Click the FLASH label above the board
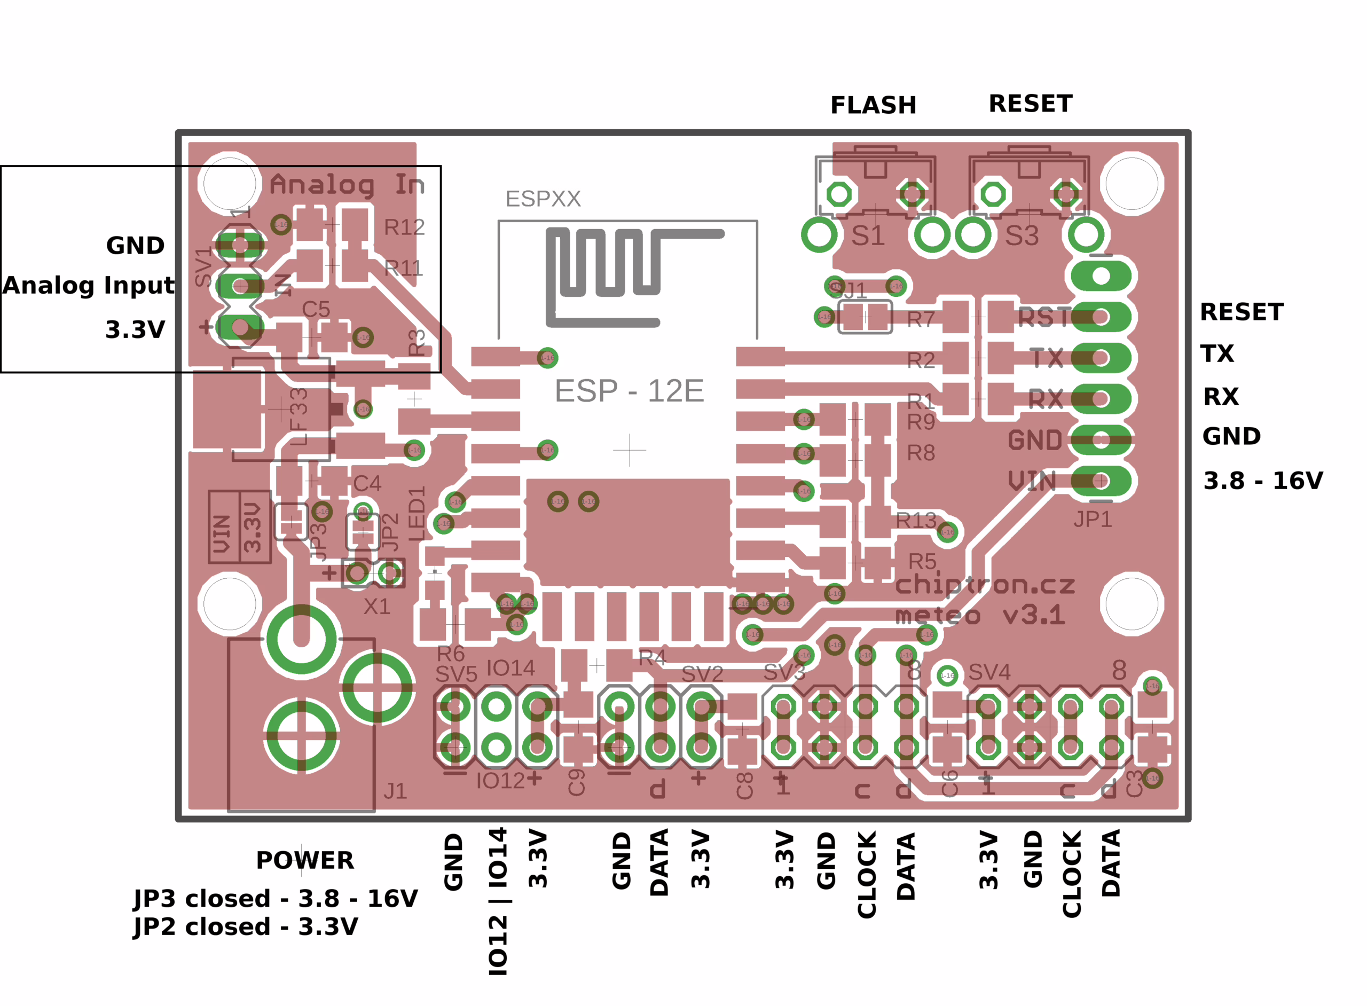873,105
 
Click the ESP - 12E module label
629,391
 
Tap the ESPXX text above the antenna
543,199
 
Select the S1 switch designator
868,235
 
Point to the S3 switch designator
1022,235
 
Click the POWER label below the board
305,860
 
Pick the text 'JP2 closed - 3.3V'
246,927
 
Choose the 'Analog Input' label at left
89,285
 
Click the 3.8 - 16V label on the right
1263,481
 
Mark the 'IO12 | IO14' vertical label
498,901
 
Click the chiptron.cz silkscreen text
985,585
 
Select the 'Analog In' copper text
347,185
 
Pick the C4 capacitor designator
367,484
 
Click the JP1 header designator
1093,520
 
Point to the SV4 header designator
989,672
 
